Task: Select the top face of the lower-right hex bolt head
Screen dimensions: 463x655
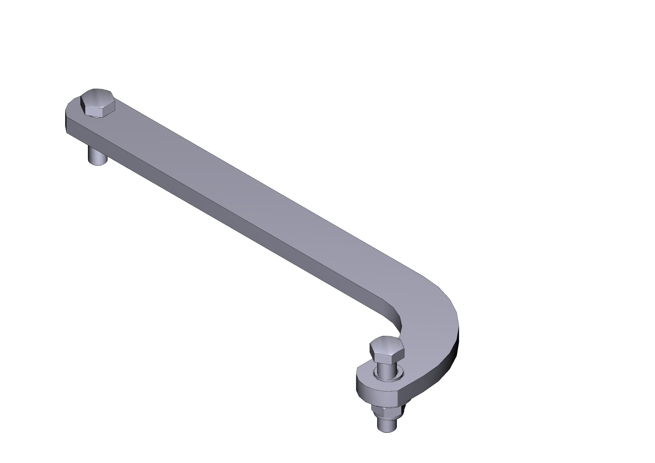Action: [x=386, y=343]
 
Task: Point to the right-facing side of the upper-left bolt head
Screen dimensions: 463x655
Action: [x=109, y=108]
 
